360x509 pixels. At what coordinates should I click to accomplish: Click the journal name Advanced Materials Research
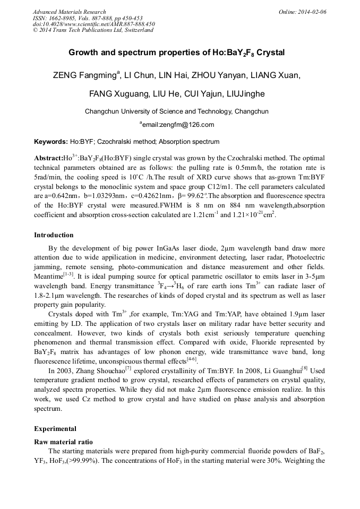[69, 12]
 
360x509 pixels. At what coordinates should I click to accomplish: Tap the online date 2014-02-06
[312, 12]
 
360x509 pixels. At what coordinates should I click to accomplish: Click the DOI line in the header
[94, 24]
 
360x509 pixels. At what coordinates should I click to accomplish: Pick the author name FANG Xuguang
[114, 94]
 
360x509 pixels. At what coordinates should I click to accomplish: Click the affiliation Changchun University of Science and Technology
[158, 111]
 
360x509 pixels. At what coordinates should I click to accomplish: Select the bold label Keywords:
[51, 142]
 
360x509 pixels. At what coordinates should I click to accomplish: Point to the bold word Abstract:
[48, 159]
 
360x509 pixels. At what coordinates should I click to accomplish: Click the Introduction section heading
[54, 235]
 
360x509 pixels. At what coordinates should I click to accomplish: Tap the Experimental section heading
[55, 429]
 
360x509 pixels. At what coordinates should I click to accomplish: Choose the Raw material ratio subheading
[64, 442]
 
